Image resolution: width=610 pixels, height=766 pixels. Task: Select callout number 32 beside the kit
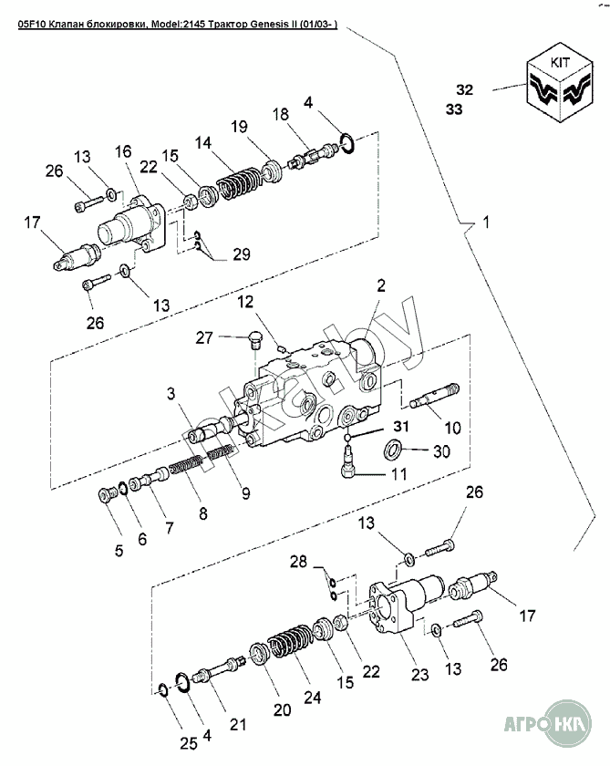[x=465, y=90]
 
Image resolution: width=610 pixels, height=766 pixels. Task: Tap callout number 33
[x=453, y=109]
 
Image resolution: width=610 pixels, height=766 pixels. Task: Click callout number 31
[x=400, y=426]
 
